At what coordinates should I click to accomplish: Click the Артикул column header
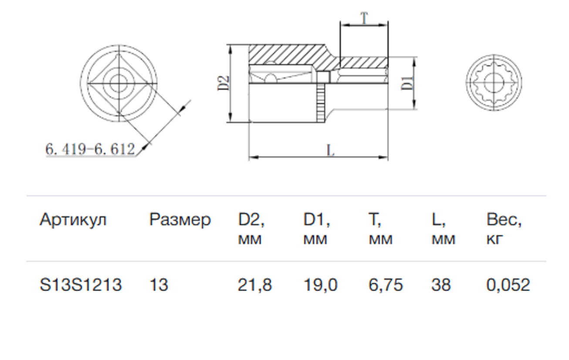coord(73,220)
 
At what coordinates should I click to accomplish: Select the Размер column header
coord(180,220)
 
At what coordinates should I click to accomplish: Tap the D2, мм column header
coord(251,229)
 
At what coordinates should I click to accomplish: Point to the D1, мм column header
coord(316,229)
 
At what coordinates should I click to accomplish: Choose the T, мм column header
coord(380,229)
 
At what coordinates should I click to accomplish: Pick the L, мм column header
coord(443,229)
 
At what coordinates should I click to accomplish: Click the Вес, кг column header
coord(504,229)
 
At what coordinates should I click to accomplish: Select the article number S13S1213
coord(81,285)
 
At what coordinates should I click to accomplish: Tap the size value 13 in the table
coord(159,285)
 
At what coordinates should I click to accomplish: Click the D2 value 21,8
coord(255,285)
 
